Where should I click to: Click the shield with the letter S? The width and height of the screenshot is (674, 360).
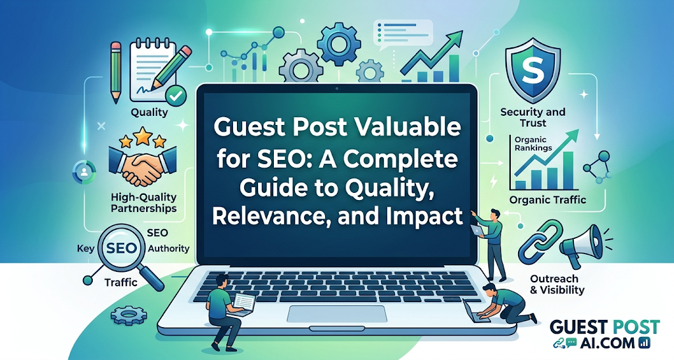pos(532,70)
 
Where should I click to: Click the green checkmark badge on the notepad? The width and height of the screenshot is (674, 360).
pos(175,96)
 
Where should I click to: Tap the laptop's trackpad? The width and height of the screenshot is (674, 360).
pos(337,314)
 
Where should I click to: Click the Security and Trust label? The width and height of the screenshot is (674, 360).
pos(532,117)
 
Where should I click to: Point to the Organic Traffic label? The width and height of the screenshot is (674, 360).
pos(547,200)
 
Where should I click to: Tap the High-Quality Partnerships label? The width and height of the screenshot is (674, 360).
pos(143,203)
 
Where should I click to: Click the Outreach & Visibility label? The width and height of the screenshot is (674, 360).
pos(557,284)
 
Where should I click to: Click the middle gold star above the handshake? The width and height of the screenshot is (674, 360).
pos(143,136)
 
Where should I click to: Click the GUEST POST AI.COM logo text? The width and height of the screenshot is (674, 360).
pos(604,334)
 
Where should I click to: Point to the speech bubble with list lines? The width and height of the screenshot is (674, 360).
pos(403,32)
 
